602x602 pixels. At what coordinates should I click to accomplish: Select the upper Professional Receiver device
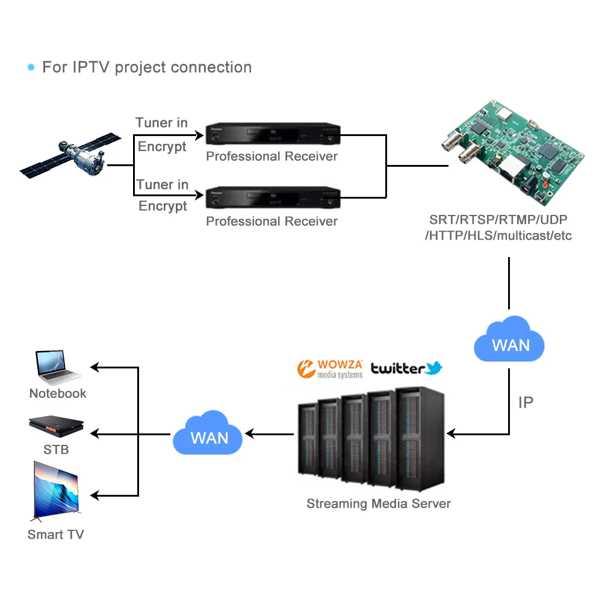click(x=273, y=134)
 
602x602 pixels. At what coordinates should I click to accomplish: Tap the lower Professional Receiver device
click(x=273, y=197)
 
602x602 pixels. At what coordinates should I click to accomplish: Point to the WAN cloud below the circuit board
click(x=509, y=340)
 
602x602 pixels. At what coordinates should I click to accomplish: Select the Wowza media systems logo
click(x=330, y=369)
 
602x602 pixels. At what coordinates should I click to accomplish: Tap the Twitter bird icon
click(x=434, y=368)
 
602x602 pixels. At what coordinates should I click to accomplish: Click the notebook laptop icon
click(x=58, y=367)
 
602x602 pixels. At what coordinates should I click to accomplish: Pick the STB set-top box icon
click(x=56, y=426)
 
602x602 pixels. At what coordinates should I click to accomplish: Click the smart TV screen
click(x=56, y=490)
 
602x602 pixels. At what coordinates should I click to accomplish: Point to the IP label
click(x=526, y=402)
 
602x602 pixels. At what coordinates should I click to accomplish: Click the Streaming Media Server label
click(x=379, y=503)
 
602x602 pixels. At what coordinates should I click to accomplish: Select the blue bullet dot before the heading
click(x=31, y=67)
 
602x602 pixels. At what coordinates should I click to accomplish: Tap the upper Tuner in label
click(x=161, y=122)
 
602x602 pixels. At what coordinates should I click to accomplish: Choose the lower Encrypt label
click(x=163, y=206)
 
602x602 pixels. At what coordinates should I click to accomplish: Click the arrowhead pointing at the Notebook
click(x=95, y=367)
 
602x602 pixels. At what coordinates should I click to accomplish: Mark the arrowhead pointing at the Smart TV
click(x=95, y=495)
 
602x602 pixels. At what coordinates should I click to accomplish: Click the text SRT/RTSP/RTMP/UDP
click(x=498, y=220)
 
